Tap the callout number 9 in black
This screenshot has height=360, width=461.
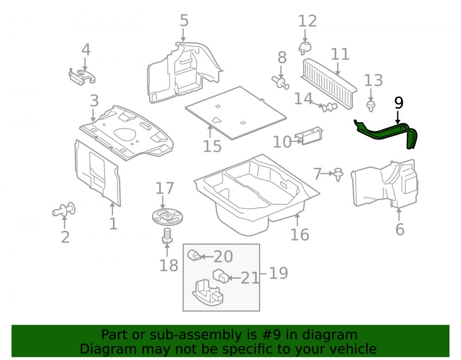398,103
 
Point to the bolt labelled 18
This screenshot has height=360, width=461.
167,236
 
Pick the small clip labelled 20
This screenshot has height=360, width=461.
195,255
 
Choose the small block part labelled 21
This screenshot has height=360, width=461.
221,276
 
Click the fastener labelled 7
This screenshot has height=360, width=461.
339,175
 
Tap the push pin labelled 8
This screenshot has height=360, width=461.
281,82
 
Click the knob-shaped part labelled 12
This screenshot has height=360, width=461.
305,48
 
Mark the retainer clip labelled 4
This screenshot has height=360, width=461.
82,77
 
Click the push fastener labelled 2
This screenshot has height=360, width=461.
64,210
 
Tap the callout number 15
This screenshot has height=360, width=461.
212,146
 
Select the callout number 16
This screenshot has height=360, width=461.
300,235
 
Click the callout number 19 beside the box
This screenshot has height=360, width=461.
278,273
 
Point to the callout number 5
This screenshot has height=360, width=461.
184,21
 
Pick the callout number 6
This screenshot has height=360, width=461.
400,229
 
